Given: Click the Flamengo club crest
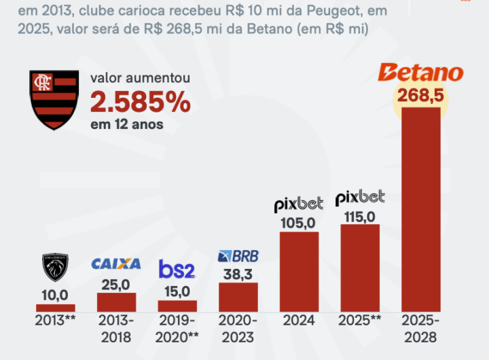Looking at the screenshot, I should click(x=52, y=99).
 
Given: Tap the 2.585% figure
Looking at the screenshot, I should click(x=140, y=103).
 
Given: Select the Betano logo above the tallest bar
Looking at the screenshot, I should click(x=420, y=73).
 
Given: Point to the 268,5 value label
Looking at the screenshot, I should click(x=421, y=96).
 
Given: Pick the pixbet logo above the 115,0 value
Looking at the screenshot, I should click(x=360, y=198).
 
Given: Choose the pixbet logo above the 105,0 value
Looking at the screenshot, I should click(x=299, y=204).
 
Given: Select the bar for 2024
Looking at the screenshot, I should click(x=299, y=272).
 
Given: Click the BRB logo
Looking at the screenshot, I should click(x=238, y=256).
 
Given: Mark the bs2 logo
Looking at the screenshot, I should click(x=177, y=270).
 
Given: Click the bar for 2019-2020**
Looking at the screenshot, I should click(x=177, y=306).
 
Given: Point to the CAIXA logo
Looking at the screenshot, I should click(x=115, y=264).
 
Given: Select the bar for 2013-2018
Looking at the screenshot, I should click(x=116, y=302).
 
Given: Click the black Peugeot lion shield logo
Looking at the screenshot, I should click(x=55, y=268).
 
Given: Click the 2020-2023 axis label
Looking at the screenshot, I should click(x=238, y=329).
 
